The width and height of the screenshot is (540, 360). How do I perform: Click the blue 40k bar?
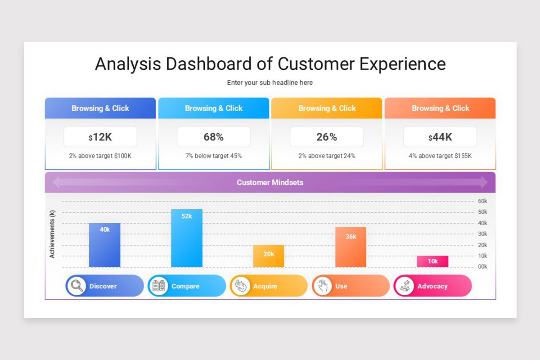click(x=104, y=245)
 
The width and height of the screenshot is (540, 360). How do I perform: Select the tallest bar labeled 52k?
click(x=186, y=238)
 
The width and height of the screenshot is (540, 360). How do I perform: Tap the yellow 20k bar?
click(x=269, y=256)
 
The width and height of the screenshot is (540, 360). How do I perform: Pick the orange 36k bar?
click(x=351, y=247)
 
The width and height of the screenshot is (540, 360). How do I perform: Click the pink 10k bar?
click(x=432, y=261)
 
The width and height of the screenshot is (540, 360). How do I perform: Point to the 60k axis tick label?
click(x=482, y=201)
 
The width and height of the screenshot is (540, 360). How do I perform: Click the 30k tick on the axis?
click(x=482, y=234)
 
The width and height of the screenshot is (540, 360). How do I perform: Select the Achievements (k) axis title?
click(x=52, y=234)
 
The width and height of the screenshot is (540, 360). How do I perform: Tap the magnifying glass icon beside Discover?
click(x=77, y=286)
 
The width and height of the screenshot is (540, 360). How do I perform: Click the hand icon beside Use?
click(x=323, y=286)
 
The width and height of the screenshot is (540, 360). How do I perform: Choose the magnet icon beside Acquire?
click(x=241, y=286)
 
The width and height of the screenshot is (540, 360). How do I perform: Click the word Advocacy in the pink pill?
click(x=432, y=286)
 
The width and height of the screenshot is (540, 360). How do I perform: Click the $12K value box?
click(x=100, y=137)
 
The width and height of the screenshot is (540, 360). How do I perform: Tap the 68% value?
click(x=213, y=137)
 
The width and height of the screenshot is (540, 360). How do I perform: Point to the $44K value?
click(x=440, y=137)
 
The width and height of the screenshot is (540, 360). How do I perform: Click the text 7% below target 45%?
click(x=213, y=156)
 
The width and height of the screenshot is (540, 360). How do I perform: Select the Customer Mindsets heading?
click(x=270, y=182)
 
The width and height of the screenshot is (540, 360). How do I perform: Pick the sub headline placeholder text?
click(x=270, y=83)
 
